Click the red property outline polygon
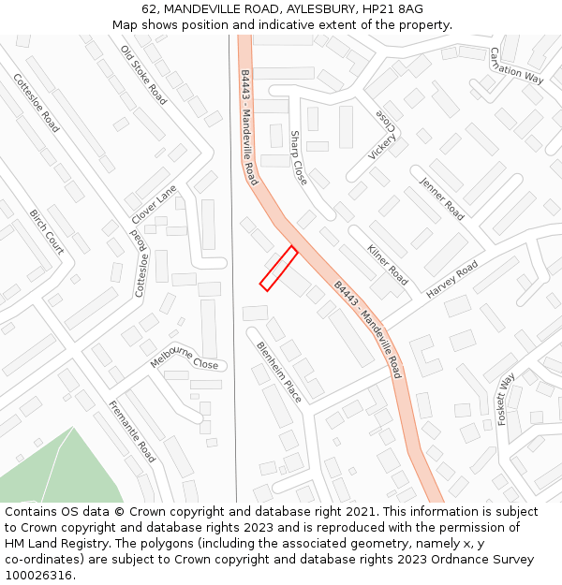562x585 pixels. click(278, 269)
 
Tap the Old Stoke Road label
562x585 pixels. click(143, 75)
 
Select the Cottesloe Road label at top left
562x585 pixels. click(37, 103)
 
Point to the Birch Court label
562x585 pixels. click(47, 231)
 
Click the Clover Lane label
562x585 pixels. click(154, 204)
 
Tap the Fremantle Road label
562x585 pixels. click(132, 431)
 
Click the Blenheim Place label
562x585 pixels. click(279, 372)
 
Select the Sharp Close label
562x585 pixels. click(298, 157)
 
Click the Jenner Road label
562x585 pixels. click(442, 198)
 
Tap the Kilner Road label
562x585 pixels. click(388, 265)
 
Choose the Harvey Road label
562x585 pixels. click(452, 280)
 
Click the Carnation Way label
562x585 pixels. click(516, 66)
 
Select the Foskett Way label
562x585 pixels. click(506, 400)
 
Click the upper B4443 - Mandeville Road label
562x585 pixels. click(248, 126)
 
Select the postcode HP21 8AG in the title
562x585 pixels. click(389, 8)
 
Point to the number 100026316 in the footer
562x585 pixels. click(38, 575)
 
